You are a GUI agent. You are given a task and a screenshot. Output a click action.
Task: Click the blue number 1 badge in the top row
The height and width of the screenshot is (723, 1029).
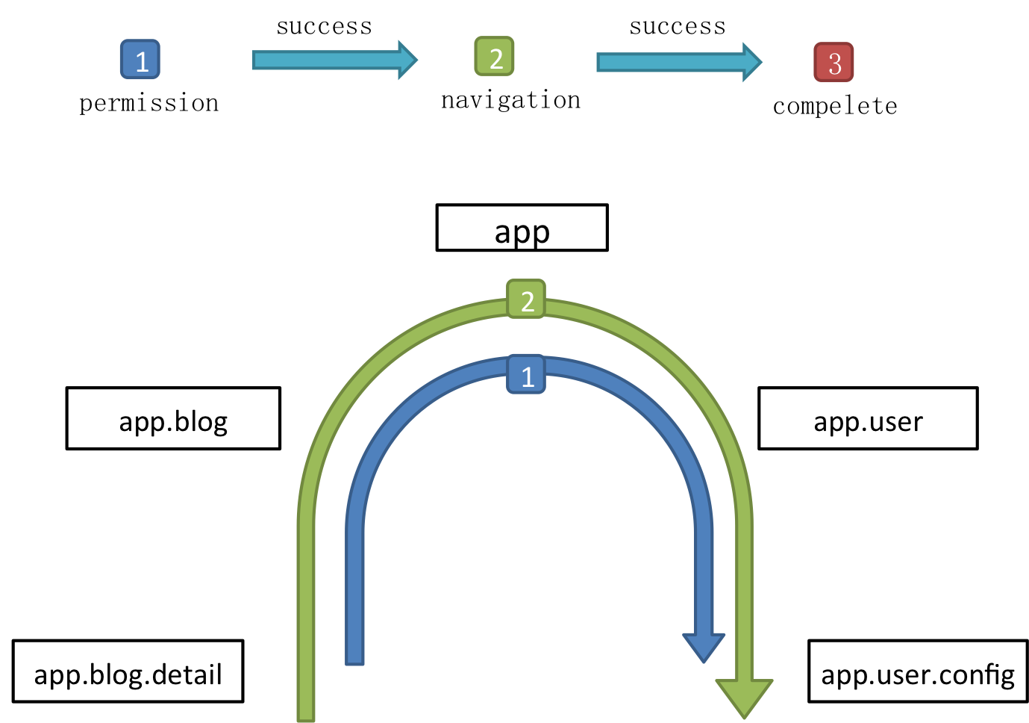(x=140, y=60)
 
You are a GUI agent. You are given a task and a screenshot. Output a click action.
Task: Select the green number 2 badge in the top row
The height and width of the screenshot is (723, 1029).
(x=494, y=57)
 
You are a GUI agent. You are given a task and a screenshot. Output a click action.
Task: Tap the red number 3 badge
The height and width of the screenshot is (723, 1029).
(x=833, y=62)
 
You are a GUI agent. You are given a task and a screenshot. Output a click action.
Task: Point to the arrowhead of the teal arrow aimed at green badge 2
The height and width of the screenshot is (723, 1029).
(x=407, y=60)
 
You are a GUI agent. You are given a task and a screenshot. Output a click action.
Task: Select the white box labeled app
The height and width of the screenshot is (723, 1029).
(x=522, y=228)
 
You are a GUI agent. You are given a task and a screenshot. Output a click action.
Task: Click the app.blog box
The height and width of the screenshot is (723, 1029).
(x=173, y=418)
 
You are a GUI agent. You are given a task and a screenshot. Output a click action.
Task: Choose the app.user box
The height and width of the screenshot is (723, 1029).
(x=868, y=418)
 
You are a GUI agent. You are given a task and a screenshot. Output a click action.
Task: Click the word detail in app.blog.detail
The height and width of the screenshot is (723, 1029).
(x=187, y=674)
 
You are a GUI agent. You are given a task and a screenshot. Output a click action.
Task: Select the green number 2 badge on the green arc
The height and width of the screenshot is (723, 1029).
(x=526, y=300)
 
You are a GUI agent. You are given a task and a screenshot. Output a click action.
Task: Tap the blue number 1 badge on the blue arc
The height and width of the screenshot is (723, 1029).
(x=526, y=374)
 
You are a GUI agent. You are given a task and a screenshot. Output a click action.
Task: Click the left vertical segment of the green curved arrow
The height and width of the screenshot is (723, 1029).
(x=306, y=598)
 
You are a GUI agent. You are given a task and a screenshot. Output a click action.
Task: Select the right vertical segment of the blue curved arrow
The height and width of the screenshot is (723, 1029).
(x=704, y=568)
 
